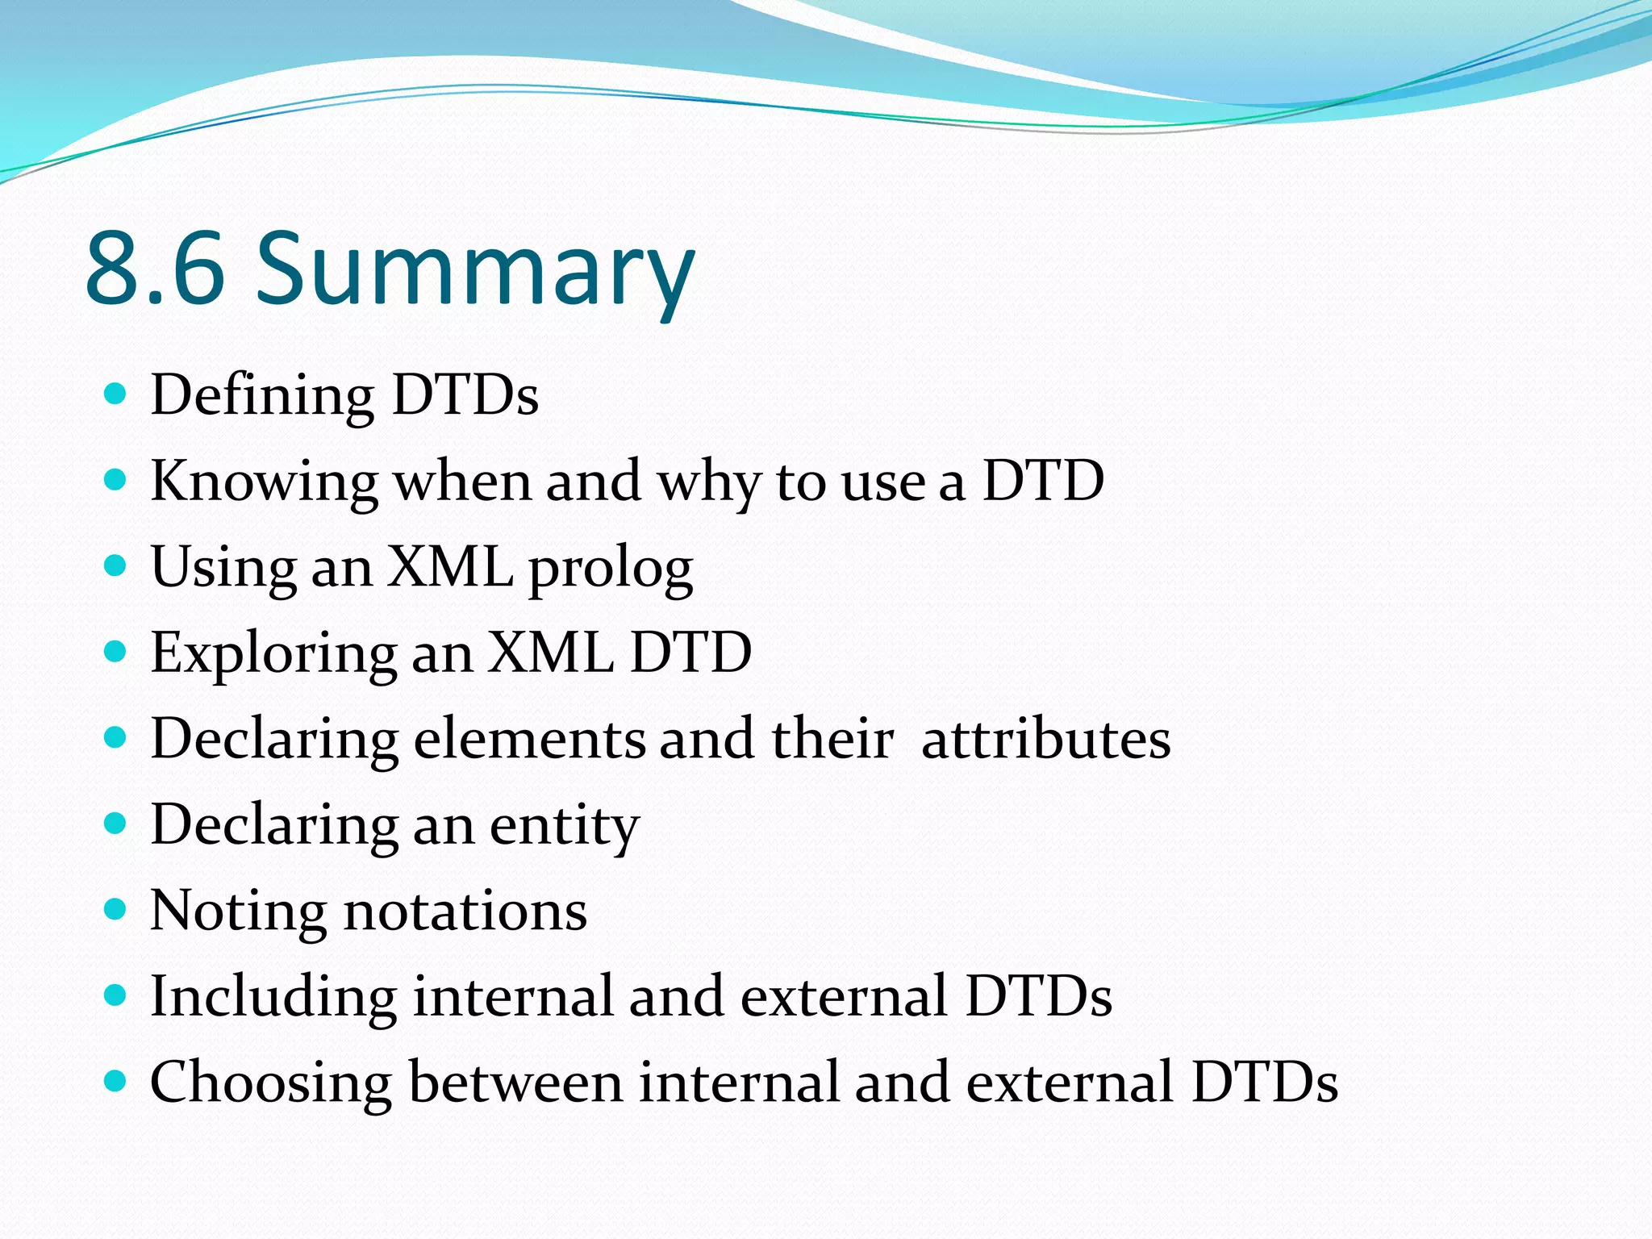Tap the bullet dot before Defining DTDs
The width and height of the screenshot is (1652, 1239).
(x=116, y=394)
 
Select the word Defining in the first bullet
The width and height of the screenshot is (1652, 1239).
(x=262, y=396)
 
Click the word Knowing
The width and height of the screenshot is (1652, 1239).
(x=264, y=482)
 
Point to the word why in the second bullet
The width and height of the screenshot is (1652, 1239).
(x=708, y=482)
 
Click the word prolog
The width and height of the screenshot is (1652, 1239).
(x=611, y=569)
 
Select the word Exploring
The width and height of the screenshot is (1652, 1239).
(x=273, y=654)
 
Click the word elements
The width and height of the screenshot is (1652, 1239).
(x=529, y=739)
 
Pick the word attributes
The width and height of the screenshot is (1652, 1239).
(x=1045, y=739)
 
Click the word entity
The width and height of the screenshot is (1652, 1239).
(x=564, y=827)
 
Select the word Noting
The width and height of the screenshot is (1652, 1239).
(x=238, y=912)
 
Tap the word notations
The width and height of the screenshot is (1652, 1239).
(x=465, y=912)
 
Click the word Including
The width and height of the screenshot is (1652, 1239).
(x=273, y=997)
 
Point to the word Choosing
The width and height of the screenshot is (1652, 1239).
(x=271, y=1083)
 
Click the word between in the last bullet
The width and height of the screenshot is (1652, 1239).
(x=515, y=1082)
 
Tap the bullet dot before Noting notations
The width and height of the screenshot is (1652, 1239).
(x=116, y=910)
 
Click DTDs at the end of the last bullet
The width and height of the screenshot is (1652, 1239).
(x=1264, y=1082)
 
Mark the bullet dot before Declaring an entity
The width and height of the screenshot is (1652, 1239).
(x=116, y=824)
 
